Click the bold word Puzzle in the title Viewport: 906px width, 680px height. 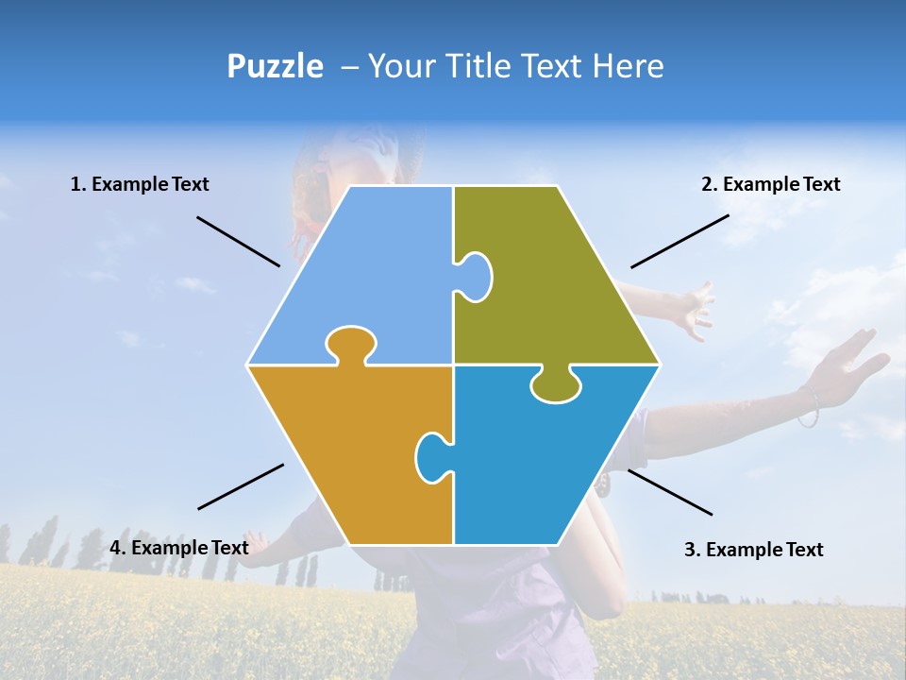click(x=275, y=66)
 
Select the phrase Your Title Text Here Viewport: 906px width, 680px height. click(x=515, y=66)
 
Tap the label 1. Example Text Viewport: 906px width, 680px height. click(x=140, y=184)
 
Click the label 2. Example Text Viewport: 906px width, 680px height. click(x=770, y=184)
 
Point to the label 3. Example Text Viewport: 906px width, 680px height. click(x=753, y=550)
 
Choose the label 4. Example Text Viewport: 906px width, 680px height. click(x=179, y=548)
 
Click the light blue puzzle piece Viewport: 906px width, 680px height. click(x=368, y=274)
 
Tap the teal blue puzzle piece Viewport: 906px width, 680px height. click(x=538, y=463)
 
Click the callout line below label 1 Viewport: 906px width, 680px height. click(x=238, y=241)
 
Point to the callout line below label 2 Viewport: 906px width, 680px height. click(x=679, y=241)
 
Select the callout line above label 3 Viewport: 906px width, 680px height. click(x=670, y=492)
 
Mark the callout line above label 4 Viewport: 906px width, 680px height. click(x=241, y=486)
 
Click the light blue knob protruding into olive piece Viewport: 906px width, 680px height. click(x=476, y=277)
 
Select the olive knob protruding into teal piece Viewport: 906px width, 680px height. click(x=555, y=385)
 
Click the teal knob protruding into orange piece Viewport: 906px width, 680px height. click(x=431, y=456)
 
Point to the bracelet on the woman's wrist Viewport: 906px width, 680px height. click(x=809, y=406)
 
